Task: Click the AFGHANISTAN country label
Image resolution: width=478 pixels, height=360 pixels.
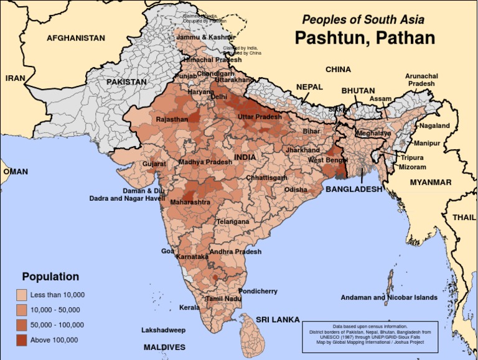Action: [x=76, y=38]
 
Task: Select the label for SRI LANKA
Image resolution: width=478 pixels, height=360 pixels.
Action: [x=278, y=320]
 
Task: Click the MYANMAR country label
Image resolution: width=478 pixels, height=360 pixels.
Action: [x=430, y=182]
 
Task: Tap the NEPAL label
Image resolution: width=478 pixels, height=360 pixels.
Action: [x=309, y=87]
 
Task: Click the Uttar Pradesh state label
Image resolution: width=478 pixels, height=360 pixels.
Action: [x=260, y=117]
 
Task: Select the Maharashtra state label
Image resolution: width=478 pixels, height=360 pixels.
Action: [x=190, y=202]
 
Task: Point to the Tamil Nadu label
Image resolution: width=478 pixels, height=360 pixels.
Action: [x=223, y=298]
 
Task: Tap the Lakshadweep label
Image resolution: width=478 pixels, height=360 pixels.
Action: [x=164, y=330]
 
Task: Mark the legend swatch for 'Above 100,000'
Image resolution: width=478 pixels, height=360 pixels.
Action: [x=21, y=340]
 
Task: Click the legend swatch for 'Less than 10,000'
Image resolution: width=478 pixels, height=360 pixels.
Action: [x=21, y=295]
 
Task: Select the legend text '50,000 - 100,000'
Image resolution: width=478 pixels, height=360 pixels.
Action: [x=57, y=325]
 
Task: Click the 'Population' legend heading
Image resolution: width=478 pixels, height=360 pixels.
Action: [x=50, y=277]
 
